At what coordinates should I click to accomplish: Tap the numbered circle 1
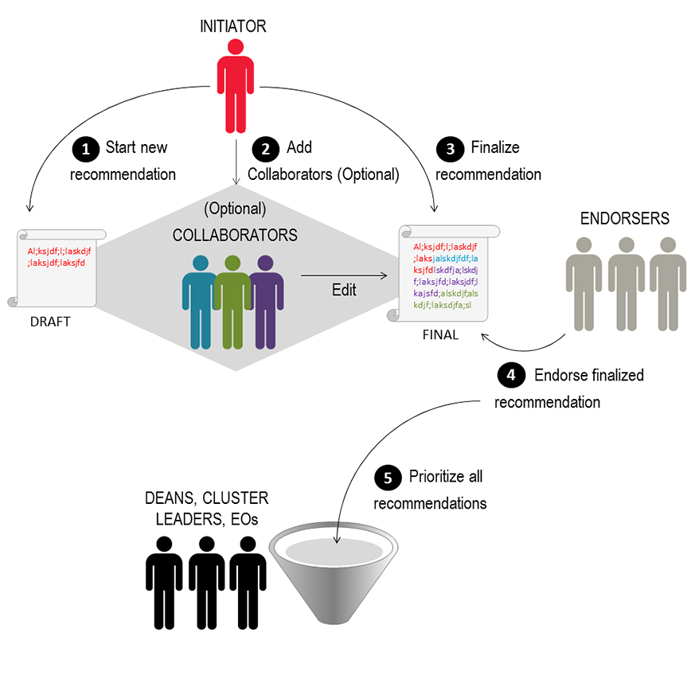[83, 148]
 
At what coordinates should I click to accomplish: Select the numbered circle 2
[264, 148]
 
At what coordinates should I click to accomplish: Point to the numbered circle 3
[451, 148]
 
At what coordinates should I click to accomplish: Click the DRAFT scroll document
[56, 267]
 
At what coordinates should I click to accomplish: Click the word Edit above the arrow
[344, 290]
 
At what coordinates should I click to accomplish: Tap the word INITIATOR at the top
[233, 27]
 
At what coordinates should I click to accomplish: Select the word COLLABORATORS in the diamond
[235, 236]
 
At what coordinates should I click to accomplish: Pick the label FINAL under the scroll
[440, 334]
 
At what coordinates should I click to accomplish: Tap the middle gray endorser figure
[626, 283]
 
